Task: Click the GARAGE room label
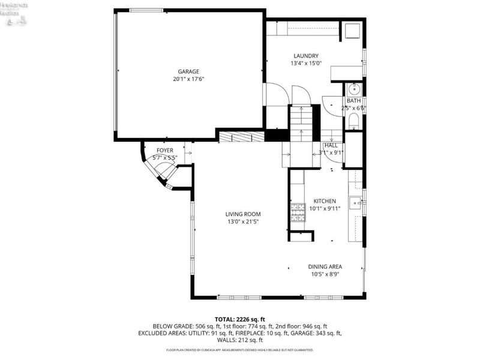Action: [188, 71]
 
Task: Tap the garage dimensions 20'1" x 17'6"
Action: [188, 79]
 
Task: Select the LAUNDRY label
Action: [306, 56]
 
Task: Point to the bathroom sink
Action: [354, 90]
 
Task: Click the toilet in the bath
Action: [354, 122]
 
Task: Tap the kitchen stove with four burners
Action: [298, 209]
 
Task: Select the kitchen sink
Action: [356, 203]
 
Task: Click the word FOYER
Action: [165, 150]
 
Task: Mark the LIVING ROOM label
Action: [243, 214]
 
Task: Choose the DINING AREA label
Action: [325, 266]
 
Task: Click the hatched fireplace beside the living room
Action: [241, 137]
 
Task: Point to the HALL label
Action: [331, 145]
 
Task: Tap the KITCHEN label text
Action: [325, 201]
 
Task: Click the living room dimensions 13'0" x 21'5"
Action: [243, 222]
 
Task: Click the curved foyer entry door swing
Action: [159, 171]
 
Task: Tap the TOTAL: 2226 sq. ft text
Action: [240, 319]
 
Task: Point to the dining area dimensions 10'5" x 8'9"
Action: [325, 274]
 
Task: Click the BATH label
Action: [354, 101]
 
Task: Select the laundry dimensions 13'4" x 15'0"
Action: [306, 64]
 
